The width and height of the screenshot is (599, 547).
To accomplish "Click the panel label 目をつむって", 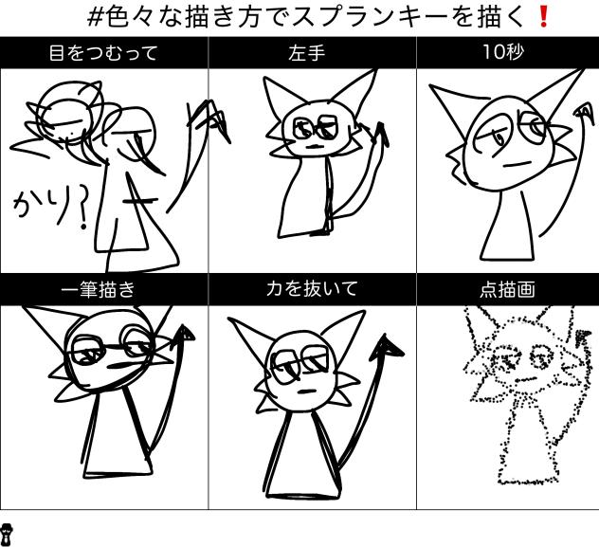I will coord(103,54).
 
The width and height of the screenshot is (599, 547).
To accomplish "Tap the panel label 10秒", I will coord(507,53).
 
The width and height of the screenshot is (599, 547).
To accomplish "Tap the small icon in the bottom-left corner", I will coord(8,534).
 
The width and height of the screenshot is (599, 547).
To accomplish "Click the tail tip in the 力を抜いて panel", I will coord(386,350).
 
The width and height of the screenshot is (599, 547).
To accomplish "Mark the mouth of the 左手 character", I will coord(312,147).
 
